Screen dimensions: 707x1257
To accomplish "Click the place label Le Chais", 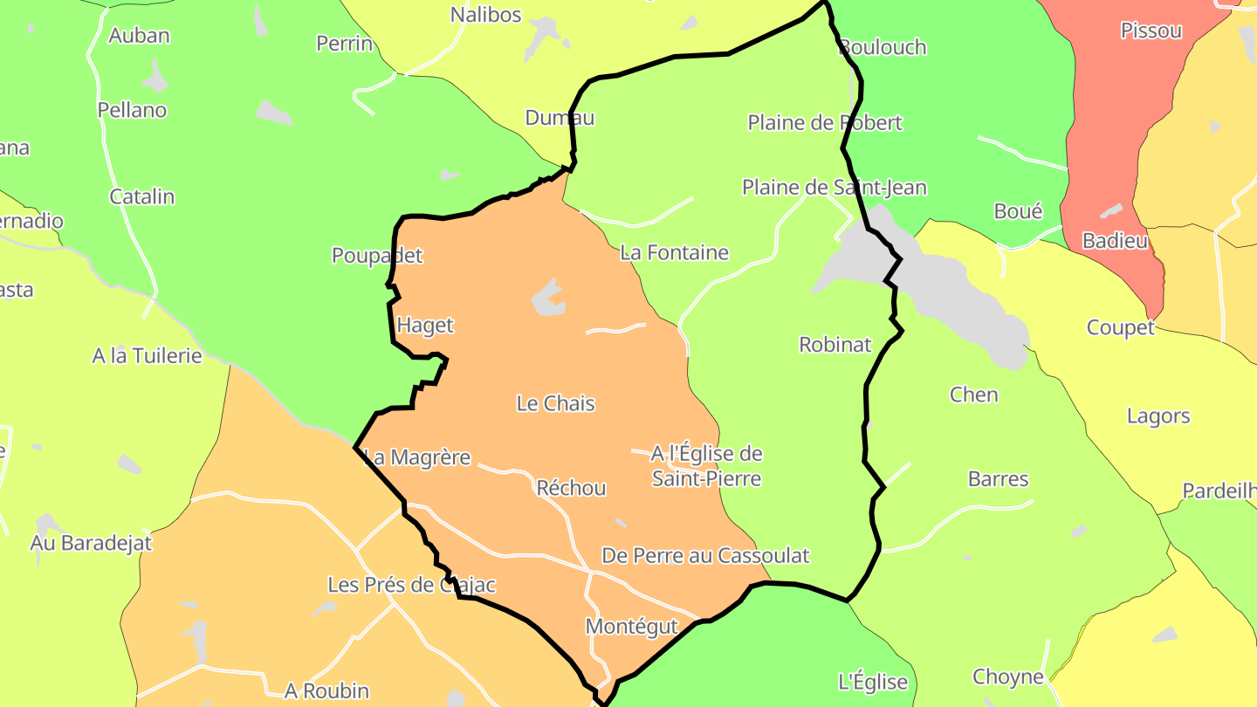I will click(556, 403).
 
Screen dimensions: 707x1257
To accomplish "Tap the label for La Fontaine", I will click(674, 253).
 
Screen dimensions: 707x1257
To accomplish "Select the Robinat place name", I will click(835, 345).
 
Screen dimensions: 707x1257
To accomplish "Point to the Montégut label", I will click(632, 627).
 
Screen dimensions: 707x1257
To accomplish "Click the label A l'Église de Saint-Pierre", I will click(707, 466).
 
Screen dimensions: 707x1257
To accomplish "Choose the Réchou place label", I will click(572, 489).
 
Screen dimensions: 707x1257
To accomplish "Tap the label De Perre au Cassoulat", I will click(705, 556).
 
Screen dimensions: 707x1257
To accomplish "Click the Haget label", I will click(425, 326).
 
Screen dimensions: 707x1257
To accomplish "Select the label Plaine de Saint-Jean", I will click(835, 188).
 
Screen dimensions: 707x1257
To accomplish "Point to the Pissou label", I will click(1151, 31).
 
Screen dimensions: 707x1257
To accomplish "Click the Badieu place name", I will click(1115, 241).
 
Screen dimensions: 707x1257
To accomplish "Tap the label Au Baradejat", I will click(91, 543).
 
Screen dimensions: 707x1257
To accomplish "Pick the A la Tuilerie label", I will click(147, 356).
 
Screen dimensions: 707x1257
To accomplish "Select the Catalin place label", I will click(141, 197).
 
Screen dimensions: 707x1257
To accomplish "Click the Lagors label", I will click(1158, 416).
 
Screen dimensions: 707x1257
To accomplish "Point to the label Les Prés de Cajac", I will click(412, 585).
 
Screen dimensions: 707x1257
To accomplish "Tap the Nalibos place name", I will click(485, 15).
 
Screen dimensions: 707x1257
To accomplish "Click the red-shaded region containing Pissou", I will click(1109, 131).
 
